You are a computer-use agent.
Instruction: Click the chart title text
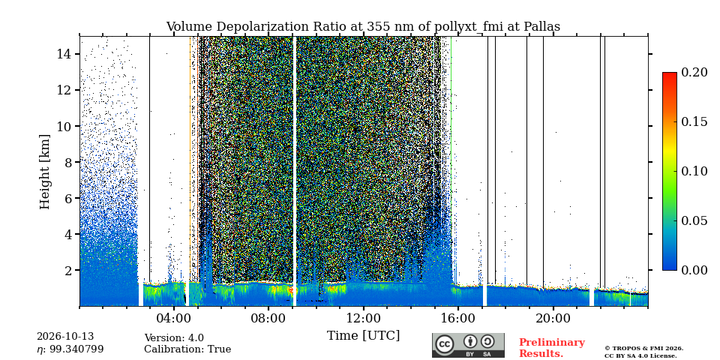[363, 27]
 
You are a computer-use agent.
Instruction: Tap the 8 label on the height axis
[68, 162]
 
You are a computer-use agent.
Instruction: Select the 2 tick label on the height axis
[68, 270]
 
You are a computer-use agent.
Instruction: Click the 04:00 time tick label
[173, 318]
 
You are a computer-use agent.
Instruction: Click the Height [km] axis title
[44, 172]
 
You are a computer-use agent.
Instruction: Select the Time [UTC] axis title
[363, 336]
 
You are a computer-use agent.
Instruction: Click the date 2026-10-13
[65, 337]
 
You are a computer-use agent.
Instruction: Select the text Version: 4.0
[174, 338]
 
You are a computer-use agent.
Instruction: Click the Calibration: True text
[187, 349]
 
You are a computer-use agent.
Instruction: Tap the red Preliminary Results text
[552, 348]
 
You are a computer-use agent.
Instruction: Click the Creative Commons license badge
[468, 345]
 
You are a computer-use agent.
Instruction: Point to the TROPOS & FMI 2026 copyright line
[643, 348]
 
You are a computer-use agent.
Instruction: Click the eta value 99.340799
[75, 349]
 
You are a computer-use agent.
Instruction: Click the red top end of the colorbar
[670, 73]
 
